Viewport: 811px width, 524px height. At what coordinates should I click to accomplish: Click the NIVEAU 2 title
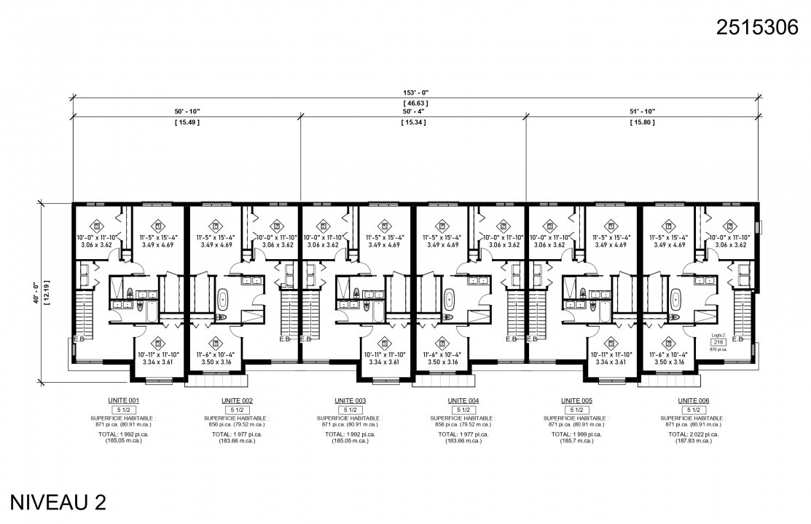(x=58, y=503)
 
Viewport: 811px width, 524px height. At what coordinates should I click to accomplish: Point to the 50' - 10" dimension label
(x=187, y=111)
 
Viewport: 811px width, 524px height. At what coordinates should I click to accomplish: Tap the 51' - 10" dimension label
(x=642, y=111)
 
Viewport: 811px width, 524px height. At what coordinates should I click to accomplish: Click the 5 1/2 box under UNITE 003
(x=350, y=410)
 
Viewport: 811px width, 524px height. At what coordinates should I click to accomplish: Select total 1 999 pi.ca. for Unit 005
(x=576, y=434)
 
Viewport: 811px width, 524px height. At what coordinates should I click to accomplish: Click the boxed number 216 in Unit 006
(x=718, y=341)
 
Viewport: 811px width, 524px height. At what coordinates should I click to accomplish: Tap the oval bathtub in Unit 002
(x=223, y=298)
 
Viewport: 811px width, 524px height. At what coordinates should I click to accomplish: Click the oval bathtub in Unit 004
(x=450, y=298)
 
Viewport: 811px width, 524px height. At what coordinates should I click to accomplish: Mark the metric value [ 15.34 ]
(x=413, y=122)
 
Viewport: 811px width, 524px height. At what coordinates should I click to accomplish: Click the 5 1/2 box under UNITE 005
(x=576, y=410)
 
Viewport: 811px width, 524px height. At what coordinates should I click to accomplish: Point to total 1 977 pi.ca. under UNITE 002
(x=237, y=434)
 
